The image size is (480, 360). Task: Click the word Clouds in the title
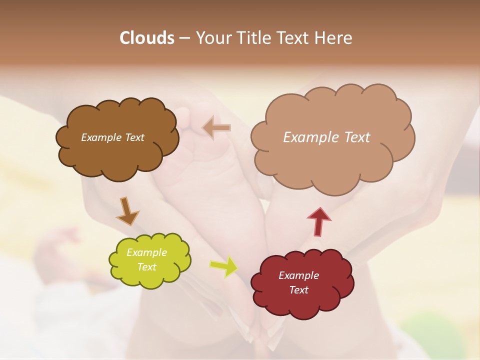(147, 38)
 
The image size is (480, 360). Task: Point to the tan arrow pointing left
(216, 128)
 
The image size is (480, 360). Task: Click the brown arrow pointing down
(126, 211)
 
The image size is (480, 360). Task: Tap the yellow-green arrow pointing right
(224, 266)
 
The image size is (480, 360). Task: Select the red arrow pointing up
(318, 221)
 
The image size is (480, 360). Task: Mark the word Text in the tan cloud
(357, 137)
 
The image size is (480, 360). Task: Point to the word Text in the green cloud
(146, 267)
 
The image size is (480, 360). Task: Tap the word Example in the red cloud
(298, 275)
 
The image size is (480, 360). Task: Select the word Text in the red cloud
(298, 290)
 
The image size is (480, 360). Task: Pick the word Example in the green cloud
(146, 252)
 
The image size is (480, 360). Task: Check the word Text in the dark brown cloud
(134, 137)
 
